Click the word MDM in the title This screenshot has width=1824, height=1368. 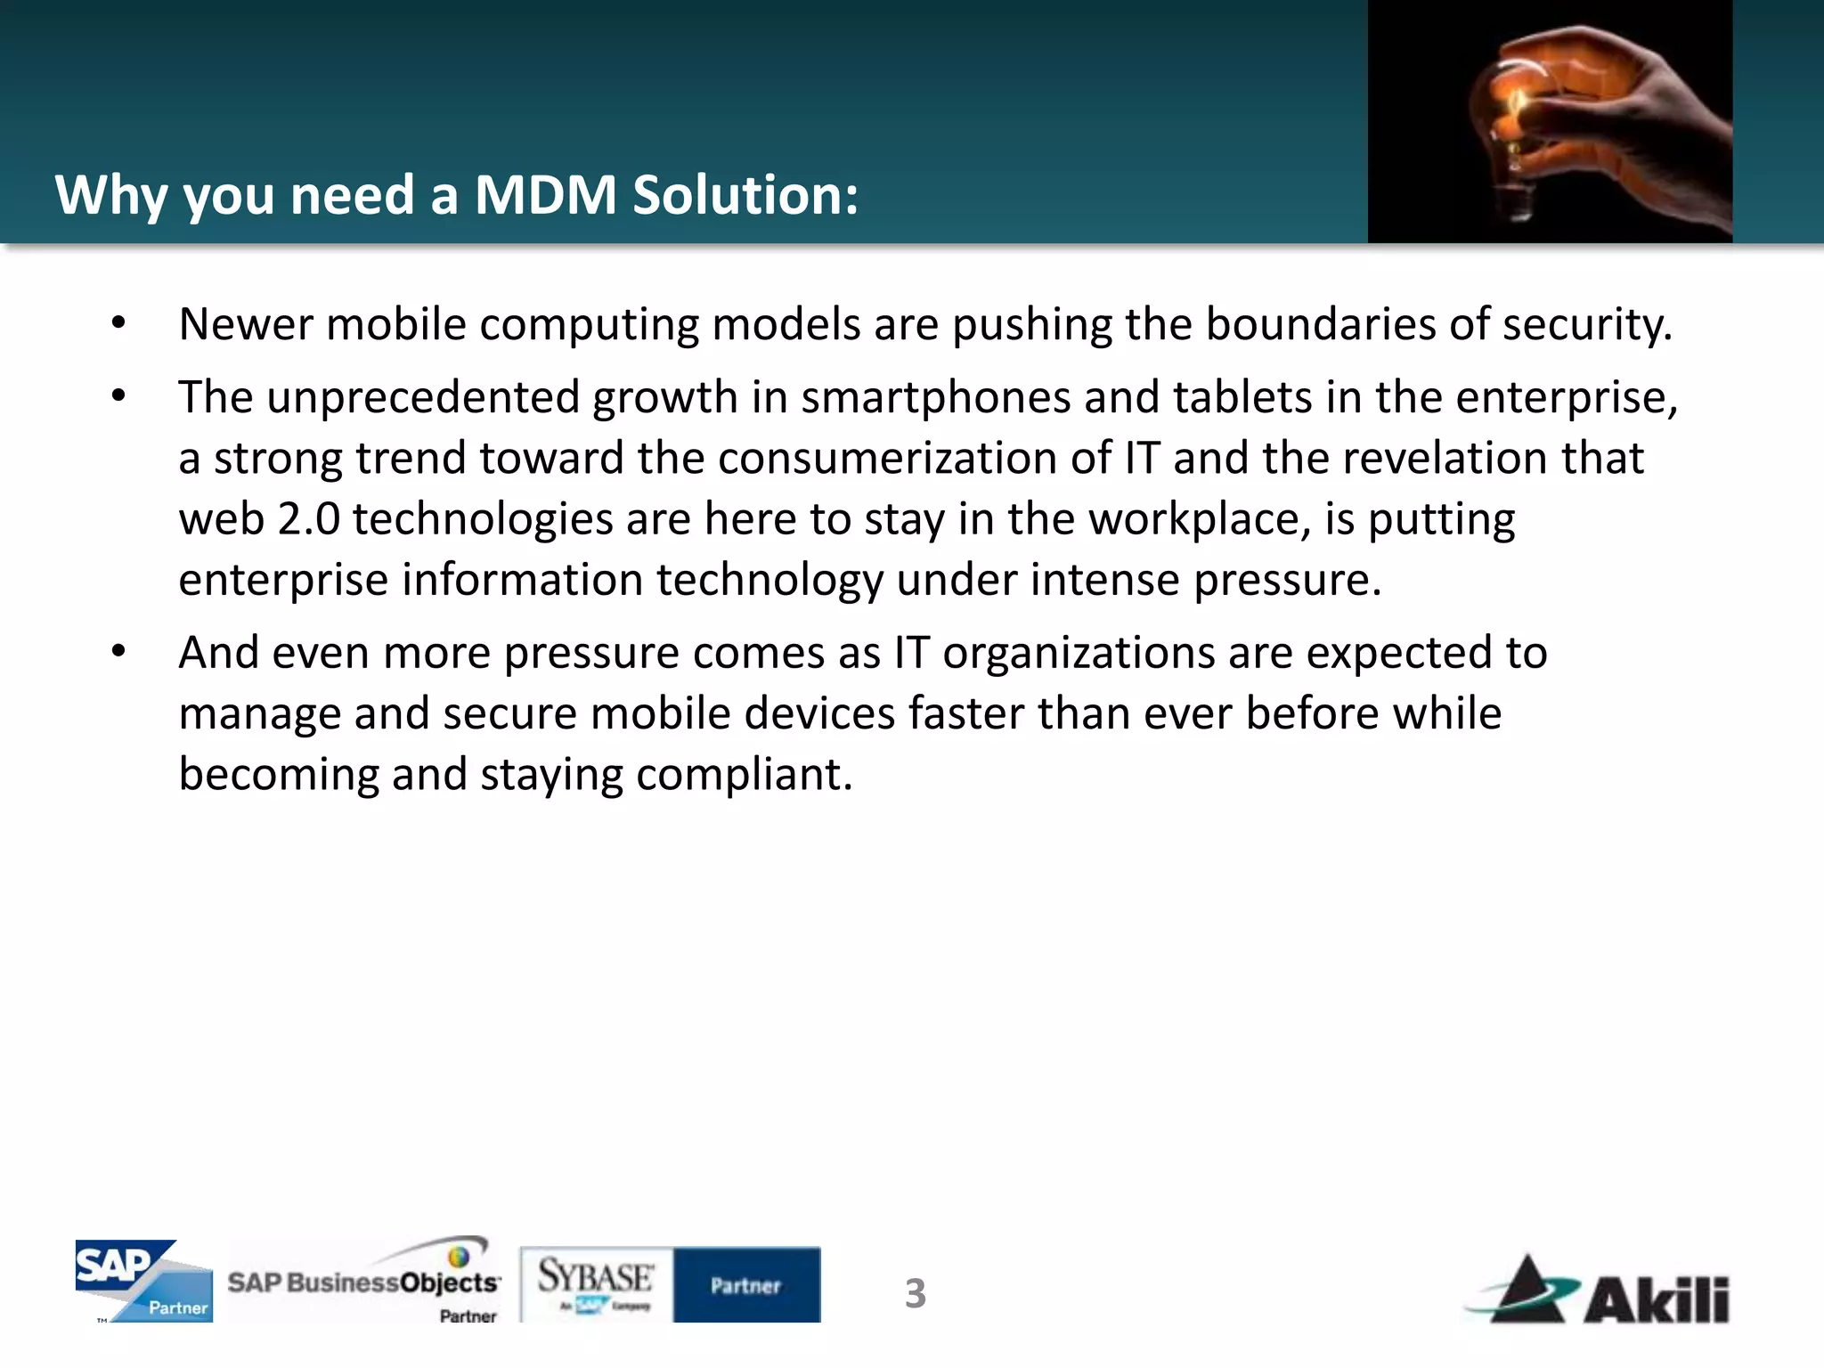[545, 195]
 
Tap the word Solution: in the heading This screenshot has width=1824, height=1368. [745, 195]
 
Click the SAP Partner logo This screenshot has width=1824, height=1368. [143, 1281]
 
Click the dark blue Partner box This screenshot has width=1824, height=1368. [746, 1284]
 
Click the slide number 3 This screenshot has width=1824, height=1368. [916, 1293]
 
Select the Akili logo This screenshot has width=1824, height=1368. [1600, 1291]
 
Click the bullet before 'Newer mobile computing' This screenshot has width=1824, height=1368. [119, 324]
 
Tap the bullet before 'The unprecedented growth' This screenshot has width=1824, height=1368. [119, 397]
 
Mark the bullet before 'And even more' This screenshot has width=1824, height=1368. [119, 653]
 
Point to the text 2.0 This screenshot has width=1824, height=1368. [309, 519]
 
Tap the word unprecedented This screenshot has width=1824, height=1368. [423, 397]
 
